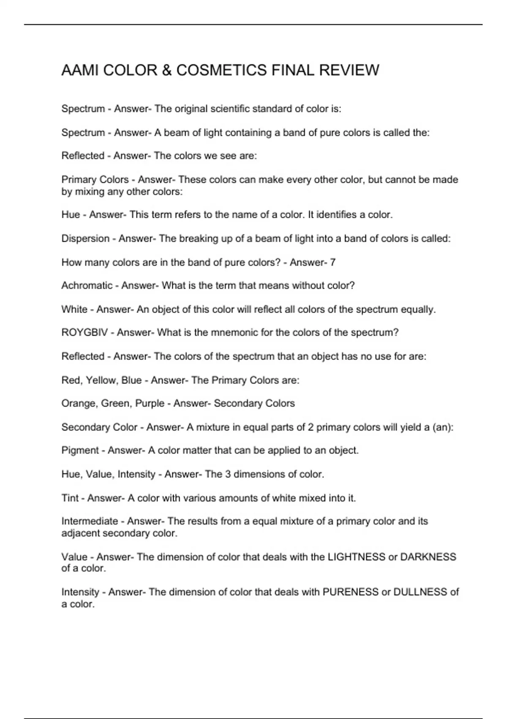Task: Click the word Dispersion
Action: click(85, 239)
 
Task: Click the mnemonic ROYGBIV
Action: click(84, 332)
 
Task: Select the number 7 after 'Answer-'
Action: click(333, 262)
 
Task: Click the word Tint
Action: click(70, 498)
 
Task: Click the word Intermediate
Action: click(90, 521)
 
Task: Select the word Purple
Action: click(150, 403)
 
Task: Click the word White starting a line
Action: click(74, 309)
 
